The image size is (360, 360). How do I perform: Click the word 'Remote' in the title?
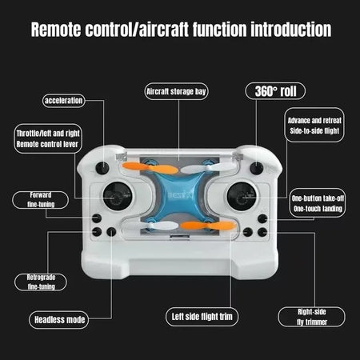click(57, 30)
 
